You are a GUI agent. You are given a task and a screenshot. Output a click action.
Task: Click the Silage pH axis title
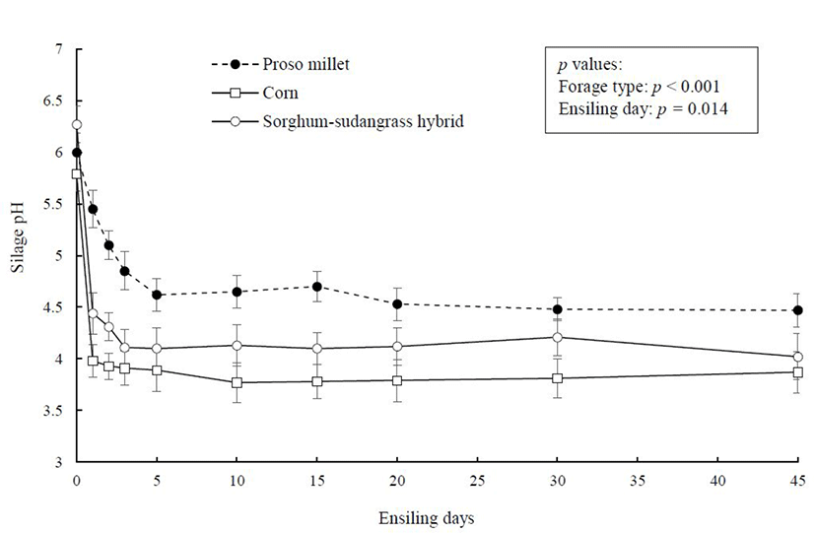(20, 256)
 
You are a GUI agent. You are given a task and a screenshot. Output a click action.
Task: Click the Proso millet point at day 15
(317, 287)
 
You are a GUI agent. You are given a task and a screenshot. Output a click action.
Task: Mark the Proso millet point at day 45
(798, 310)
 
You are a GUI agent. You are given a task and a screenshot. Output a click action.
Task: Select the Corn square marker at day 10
(237, 382)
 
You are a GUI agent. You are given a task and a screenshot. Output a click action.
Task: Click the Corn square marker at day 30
(558, 378)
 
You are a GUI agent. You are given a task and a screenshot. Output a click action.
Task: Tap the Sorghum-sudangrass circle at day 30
(558, 337)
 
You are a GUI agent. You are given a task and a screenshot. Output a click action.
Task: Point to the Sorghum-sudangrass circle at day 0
(77, 125)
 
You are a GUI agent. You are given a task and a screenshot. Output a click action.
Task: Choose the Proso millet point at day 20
(397, 304)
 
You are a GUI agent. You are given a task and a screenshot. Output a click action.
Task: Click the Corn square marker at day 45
(798, 372)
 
